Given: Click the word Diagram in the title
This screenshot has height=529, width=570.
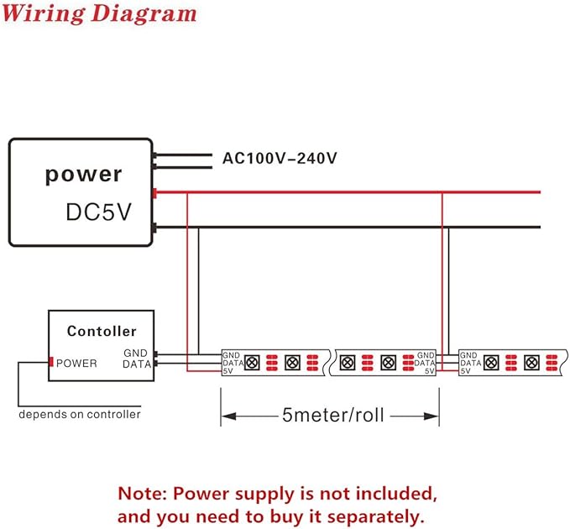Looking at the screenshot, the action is (x=144, y=13).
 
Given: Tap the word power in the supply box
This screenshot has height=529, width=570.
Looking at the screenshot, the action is (x=83, y=175).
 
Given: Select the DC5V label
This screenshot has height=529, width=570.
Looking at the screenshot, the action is (x=98, y=212).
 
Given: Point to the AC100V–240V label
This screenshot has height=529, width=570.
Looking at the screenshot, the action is (x=280, y=158).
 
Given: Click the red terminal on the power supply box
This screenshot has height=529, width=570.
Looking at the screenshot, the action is (x=154, y=193).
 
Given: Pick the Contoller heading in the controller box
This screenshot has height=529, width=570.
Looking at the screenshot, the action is (x=102, y=331).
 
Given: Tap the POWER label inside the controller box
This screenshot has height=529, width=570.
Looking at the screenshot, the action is (x=76, y=364).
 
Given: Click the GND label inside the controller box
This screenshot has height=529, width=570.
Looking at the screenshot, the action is (x=136, y=353).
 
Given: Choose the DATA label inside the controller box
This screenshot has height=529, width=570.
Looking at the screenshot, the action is (x=137, y=364).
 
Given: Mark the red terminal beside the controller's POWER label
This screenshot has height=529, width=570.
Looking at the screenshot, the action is (x=51, y=362).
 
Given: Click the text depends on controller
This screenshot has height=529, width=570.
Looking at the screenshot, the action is (x=80, y=414).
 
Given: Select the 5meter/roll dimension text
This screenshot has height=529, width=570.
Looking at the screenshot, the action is (x=333, y=415).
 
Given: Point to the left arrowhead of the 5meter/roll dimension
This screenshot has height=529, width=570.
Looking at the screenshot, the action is (x=228, y=416).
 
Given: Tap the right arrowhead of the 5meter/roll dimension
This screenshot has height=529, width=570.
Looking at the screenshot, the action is (x=431, y=416).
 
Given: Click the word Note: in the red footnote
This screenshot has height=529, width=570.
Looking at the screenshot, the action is (x=143, y=494).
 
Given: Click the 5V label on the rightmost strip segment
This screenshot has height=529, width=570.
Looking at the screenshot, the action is (x=465, y=371).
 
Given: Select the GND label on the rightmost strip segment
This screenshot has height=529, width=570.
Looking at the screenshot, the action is (x=468, y=355).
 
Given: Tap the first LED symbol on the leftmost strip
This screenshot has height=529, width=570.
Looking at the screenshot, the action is (x=252, y=363).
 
